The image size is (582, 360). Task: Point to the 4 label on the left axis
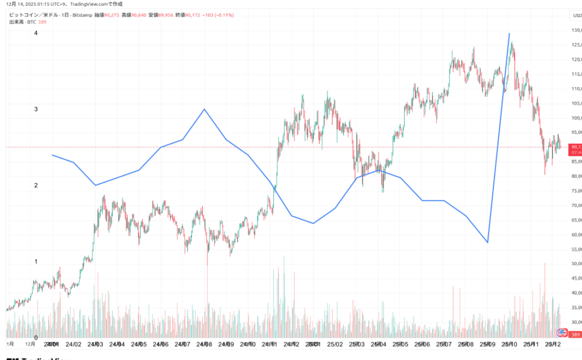tap(36, 33)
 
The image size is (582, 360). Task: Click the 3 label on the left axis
tap(36, 109)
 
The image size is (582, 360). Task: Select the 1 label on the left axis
tap(36, 262)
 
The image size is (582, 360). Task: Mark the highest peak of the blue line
tap(509, 34)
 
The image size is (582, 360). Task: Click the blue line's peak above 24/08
tap(204, 109)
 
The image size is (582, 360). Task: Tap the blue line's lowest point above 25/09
tap(488, 243)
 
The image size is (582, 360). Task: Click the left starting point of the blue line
tap(52, 155)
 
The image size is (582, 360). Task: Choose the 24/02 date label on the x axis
tap(73, 345)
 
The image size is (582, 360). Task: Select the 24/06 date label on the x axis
tap(161, 345)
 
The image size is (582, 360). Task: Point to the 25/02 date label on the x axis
tap(335, 345)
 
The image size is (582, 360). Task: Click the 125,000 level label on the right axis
tap(576, 45)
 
